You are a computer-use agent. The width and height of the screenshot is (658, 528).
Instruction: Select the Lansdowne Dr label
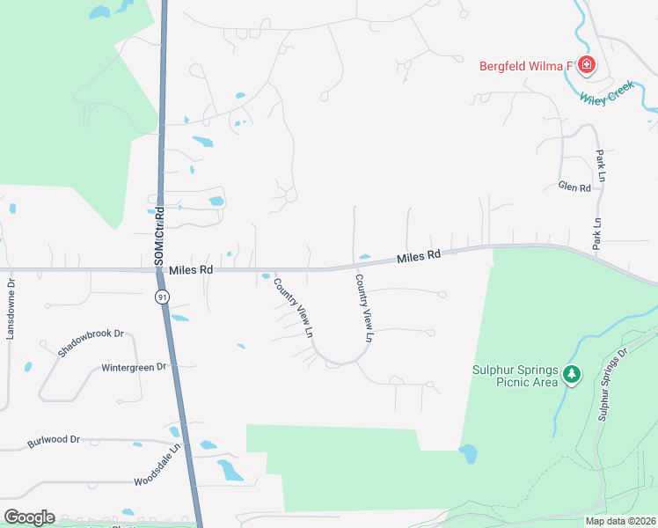(11, 310)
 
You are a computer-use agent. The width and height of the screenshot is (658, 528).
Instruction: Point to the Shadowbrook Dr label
(91, 342)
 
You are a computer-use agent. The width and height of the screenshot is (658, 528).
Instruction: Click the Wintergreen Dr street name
(134, 366)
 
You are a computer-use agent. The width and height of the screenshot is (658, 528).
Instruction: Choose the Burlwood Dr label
(53, 438)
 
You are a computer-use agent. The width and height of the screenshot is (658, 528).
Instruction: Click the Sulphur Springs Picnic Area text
(515, 376)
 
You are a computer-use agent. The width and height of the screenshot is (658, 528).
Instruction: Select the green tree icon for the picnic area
(572, 375)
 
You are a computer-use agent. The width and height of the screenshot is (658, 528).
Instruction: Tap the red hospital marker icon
(586, 65)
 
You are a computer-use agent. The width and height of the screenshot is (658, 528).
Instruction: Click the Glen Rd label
(574, 187)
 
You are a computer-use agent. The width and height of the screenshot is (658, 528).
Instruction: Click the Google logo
(29, 517)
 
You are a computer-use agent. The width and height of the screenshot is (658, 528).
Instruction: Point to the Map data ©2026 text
(620, 521)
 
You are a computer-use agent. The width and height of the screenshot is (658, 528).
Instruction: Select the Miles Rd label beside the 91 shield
(192, 269)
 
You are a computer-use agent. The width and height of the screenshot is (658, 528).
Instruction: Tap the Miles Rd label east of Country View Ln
(418, 257)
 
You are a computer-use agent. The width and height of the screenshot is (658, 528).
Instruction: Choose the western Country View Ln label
(294, 308)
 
